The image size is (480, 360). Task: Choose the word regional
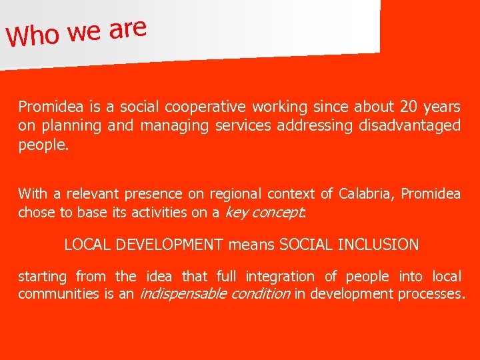coord(237,194)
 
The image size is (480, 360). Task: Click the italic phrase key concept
coord(264,213)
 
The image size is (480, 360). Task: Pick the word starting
coord(43,276)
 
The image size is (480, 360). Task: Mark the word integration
coord(279,276)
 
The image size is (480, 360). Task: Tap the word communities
coord(58,294)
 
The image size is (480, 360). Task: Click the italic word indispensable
coord(180,294)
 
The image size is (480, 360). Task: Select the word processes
coord(431,294)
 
